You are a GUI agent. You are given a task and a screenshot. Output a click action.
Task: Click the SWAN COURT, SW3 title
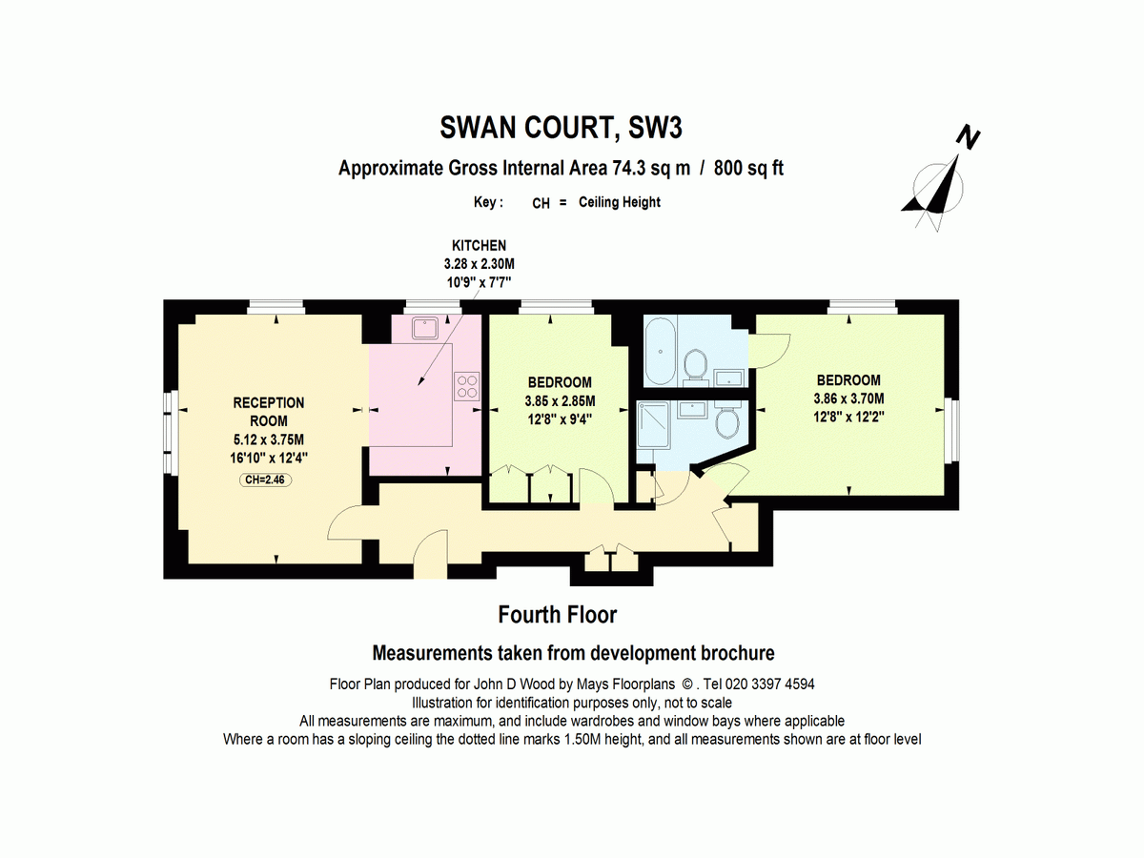click(x=561, y=128)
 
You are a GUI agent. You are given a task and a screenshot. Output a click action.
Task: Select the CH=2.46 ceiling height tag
click(x=265, y=480)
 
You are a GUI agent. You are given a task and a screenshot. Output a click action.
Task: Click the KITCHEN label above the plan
click(x=479, y=245)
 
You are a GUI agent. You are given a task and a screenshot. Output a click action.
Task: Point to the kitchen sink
click(x=426, y=328)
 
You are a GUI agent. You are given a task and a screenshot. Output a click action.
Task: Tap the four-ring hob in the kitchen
click(x=467, y=386)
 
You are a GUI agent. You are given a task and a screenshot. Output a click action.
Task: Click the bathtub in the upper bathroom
click(x=661, y=351)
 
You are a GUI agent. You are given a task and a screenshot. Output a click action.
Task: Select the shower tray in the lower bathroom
click(x=652, y=424)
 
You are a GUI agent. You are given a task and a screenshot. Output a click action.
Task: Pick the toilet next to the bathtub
click(x=695, y=366)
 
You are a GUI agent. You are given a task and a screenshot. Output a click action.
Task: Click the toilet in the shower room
click(x=727, y=420)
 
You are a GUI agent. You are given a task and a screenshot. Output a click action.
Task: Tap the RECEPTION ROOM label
click(x=269, y=412)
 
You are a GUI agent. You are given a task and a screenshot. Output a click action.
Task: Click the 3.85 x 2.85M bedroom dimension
click(x=560, y=401)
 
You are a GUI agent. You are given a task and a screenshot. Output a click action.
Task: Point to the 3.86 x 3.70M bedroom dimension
click(x=849, y=398)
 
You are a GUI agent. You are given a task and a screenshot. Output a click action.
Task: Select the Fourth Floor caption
click(x=558, y=615)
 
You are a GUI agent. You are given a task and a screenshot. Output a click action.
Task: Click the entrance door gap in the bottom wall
click(x=431, y=571)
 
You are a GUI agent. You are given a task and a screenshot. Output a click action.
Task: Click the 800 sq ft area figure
click(x=749, y=169)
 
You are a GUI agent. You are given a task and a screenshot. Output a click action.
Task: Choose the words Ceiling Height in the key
click(x=619, y=202)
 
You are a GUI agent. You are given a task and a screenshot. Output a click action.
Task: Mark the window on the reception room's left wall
click(x=168, y=434)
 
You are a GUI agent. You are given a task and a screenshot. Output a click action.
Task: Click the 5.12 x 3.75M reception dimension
click(x=269, y=439)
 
